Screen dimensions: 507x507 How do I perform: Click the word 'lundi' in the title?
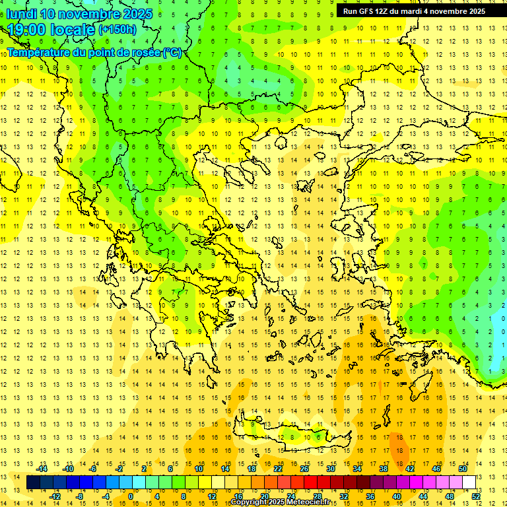tap(22, 14)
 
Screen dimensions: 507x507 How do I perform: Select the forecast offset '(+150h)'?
tap(118, 30)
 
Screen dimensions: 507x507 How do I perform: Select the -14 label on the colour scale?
tap(42, 469)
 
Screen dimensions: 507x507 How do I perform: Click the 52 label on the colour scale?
tap(476, 496)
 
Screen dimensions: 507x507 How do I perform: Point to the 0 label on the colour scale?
tap(131, 496)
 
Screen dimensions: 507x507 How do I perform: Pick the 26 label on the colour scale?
tap(304, 469)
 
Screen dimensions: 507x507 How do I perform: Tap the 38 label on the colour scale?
tap(383, 469)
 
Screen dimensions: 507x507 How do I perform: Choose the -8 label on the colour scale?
tap(80, 496)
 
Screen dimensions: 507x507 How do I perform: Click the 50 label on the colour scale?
tap(462, 469)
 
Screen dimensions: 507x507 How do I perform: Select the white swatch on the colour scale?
tap(469, 483)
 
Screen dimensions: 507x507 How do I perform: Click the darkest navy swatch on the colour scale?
tap(33, 483)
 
